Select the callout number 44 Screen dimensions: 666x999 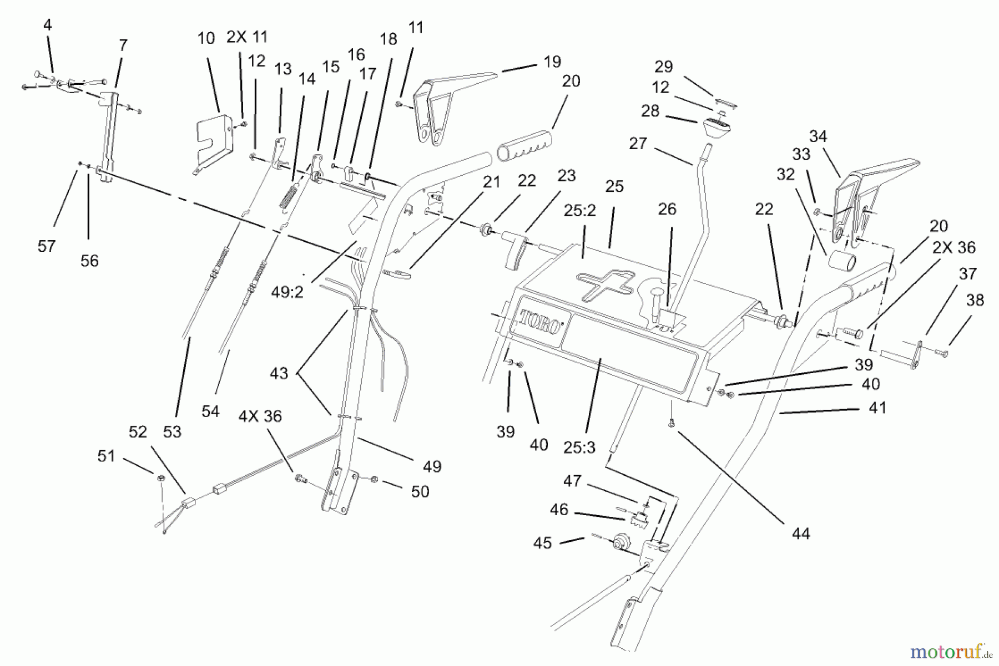pos(801,533)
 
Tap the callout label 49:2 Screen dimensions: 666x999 pos(287,292)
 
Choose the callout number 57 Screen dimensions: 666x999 pos(47,246)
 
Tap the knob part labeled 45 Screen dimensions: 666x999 pos(620,541)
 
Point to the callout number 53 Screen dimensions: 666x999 pos(172,431)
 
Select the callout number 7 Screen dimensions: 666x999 pos(123,45)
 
